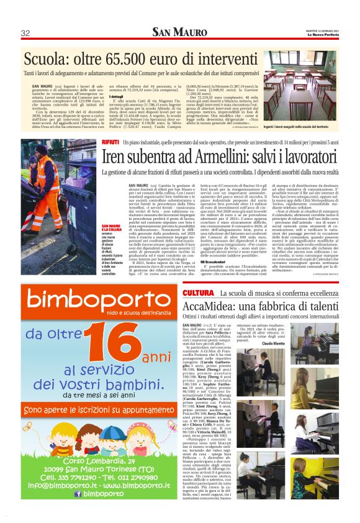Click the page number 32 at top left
pyautogui.click(x=25, y=33)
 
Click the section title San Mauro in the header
pyautogui.click(x=179, y=32)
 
